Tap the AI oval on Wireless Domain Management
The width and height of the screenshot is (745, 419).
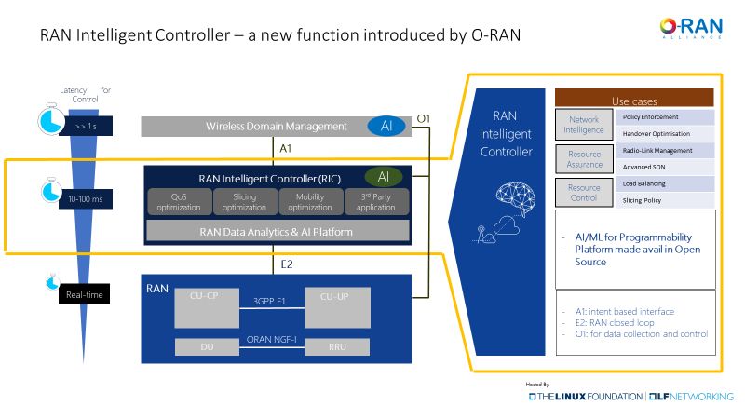pyautogui.click(x=386, y=126)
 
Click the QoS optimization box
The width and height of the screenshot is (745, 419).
pyautogui.click(x=179, y=201)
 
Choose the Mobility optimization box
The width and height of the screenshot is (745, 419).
pyautogui.click(x=310, y=201)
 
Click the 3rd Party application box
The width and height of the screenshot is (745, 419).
pyautogui.click(x=376, y=201)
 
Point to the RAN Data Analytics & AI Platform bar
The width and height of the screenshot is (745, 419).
pyautogui.click(x=278, y=231)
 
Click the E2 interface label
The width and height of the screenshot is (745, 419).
pyautogui.click(x=287, y=264)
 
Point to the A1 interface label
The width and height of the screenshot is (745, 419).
pyautogui.click(x=286, y=147)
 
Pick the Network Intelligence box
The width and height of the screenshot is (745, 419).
pyautogui.click(x=584, y=125)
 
